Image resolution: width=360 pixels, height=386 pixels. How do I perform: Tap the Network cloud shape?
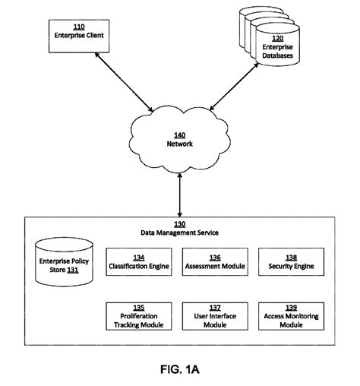click(x=180, y=137)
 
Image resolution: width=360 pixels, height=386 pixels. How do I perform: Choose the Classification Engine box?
click(x=138, y=261)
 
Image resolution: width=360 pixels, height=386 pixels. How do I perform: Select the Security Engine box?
click(x=289, y=261)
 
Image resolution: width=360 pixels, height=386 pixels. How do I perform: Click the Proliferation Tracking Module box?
click(x=138, y=315)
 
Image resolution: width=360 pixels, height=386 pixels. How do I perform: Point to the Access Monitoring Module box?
click(x=289, y=315)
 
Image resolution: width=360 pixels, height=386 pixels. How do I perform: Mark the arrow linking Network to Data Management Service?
click(x=180, y=194)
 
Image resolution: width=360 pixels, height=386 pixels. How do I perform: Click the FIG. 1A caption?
click(x=180, y=371)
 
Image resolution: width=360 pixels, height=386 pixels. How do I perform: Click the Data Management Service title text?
click(x=180, y=233)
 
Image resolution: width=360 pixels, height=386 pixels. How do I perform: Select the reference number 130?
click(x=180, y=225)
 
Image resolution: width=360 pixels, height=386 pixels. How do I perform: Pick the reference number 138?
click(x=289, y=257)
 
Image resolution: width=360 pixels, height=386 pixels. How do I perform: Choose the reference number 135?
click(x=138, y=307)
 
